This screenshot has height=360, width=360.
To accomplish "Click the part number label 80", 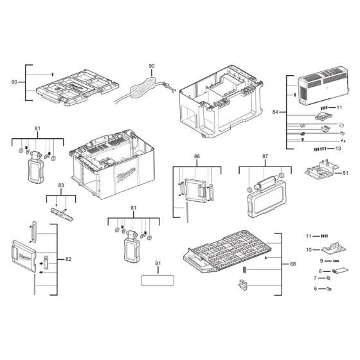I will pos(14,82).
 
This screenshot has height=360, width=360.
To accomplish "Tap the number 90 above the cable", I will pos(152,67).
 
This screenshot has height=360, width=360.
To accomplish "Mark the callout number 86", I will pos(197,156).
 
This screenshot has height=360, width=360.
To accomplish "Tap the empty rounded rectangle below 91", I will pos(157,281).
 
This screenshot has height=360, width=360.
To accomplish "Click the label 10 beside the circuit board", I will pos(308,249).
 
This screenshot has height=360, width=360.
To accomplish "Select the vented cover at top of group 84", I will pos(324,85).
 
